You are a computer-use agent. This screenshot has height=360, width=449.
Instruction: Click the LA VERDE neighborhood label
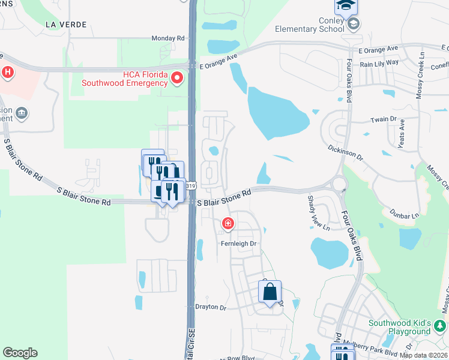(66, 25)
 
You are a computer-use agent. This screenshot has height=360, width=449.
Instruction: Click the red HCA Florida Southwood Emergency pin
(177, 77)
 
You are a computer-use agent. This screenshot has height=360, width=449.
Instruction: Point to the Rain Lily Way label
(379, 62)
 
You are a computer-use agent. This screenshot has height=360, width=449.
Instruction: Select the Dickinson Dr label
(346, 152)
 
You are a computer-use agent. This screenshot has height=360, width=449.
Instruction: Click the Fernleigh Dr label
(238, 244)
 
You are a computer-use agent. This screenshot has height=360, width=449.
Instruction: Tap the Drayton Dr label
(210, 307)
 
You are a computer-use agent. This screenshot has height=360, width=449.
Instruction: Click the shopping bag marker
(270, 292)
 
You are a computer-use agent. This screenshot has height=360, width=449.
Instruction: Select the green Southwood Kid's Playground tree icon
(440, 326)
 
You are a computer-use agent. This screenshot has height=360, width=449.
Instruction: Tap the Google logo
(20, 353)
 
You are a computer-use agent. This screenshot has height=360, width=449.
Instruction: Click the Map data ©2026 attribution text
(423, 355)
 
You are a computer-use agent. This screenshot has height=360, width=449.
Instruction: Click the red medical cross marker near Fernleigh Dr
(228, 224)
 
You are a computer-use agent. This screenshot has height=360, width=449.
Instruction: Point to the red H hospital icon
(7, 73)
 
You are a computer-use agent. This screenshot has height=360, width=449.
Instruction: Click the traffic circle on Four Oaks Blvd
(339, 184)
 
